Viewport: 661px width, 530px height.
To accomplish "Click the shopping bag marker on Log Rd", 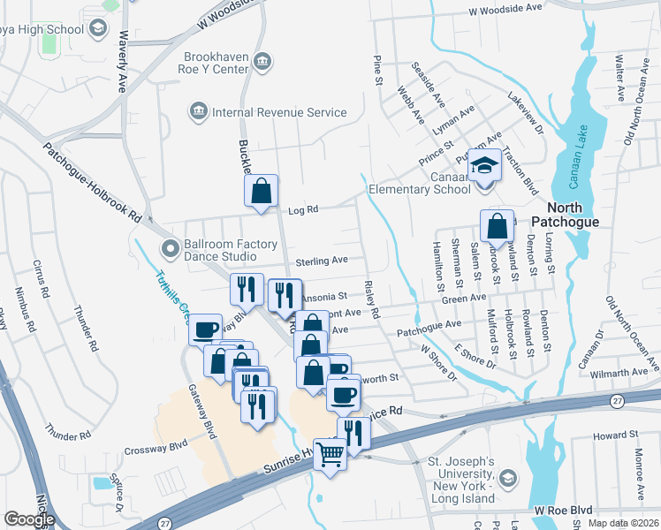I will coord(262,192).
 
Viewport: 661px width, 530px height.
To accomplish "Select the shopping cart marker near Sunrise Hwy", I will coord(330,455).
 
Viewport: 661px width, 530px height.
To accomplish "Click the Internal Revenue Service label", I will coord(277,112).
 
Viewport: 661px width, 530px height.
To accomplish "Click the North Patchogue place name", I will coord(566,222).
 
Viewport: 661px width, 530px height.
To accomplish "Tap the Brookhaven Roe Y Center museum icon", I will coord(262,61).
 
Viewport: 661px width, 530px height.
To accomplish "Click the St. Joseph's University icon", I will coord(507,478).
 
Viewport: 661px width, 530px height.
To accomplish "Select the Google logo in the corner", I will coord(29,519).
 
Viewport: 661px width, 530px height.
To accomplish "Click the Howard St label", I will coord(615,435).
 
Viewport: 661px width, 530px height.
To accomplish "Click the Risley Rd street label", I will coord(371,300).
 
